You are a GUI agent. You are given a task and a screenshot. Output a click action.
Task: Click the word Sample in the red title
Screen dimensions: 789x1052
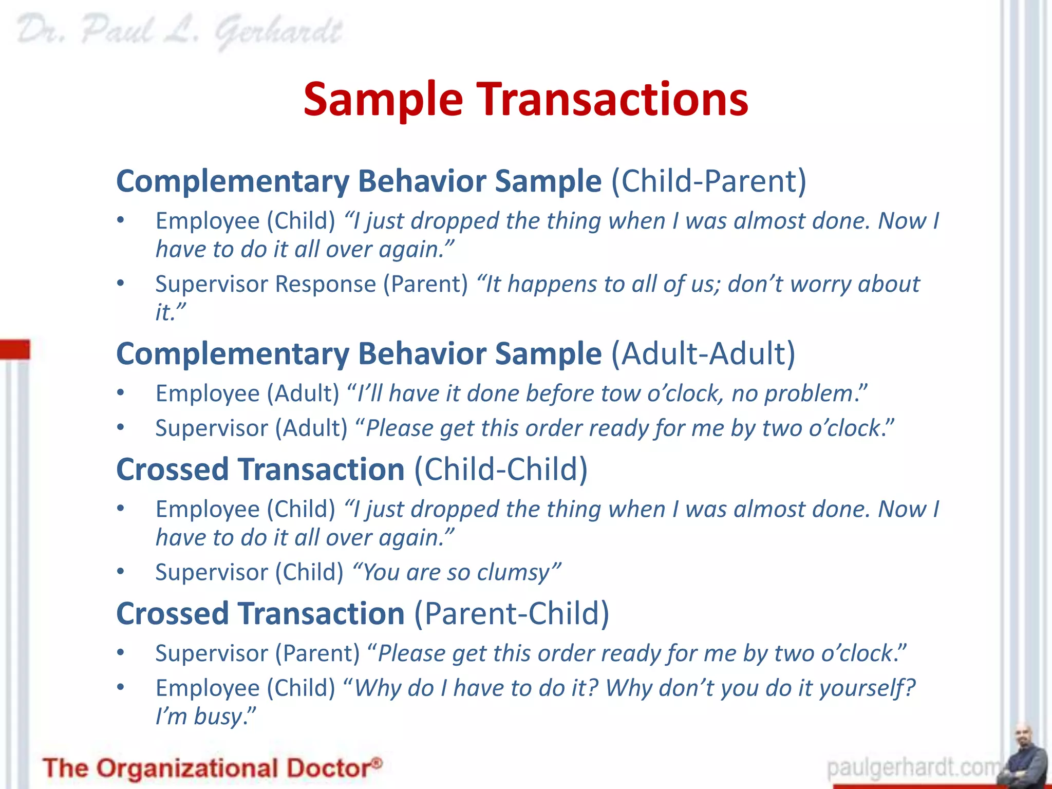tap(383, 99)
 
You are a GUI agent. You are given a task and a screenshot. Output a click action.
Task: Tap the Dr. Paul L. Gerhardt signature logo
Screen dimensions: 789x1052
tap(179, 32)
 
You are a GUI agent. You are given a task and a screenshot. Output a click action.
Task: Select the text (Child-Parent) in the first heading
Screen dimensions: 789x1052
tap(708, 181)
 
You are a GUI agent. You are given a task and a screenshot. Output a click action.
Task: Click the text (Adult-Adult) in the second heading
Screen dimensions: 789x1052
tap(703, 353)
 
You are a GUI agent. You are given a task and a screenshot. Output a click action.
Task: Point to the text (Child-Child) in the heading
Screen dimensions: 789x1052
tap(501, 469)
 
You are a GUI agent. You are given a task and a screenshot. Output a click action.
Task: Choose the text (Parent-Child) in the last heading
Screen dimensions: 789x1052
tap(512, 613)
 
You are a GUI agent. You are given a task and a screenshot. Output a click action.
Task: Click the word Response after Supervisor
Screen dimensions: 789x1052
tap(327, 284)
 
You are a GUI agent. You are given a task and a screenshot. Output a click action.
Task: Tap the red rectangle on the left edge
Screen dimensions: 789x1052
tap(15, 349)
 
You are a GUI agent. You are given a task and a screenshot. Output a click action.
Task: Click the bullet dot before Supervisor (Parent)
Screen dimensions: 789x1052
tap(120, 653)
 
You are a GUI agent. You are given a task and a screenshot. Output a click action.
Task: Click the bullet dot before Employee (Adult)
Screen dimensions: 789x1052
tap(120, 393)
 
